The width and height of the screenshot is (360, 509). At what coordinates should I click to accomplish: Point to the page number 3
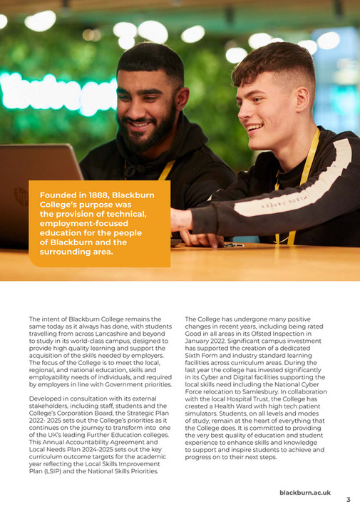tap(348, 500)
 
